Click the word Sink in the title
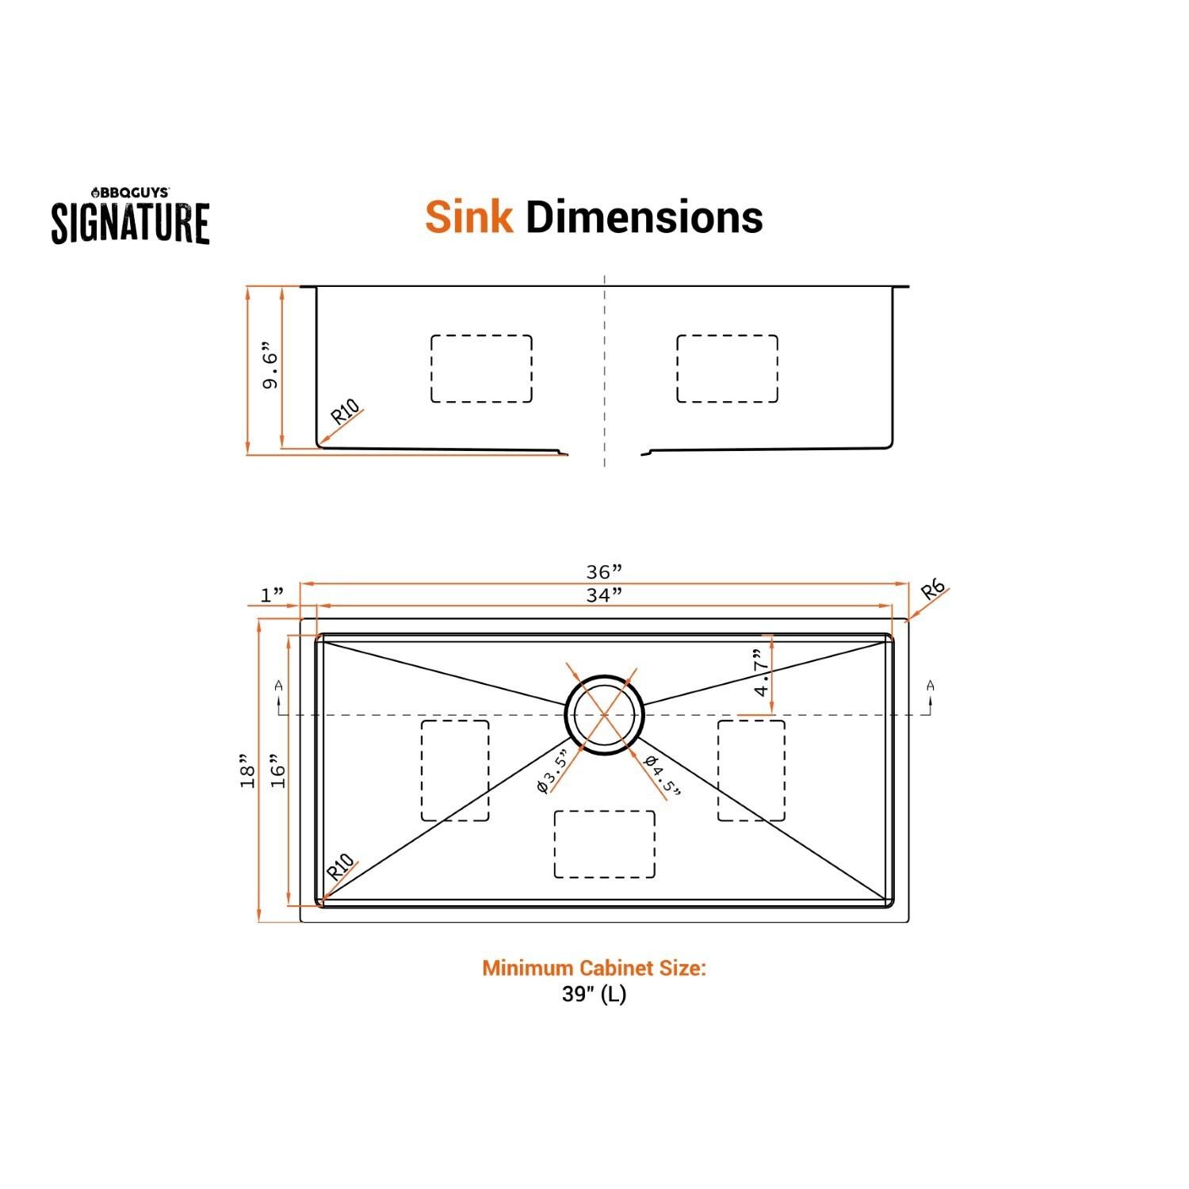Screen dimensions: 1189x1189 [468, 217]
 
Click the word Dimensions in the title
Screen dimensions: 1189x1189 [644, 217]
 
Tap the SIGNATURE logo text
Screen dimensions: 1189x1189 [131, 223]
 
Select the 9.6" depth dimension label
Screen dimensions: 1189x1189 [271, 366]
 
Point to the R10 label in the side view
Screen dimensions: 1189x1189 [345, 413]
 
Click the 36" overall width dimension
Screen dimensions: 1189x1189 [603, 572]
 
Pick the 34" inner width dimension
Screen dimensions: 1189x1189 [603, 594]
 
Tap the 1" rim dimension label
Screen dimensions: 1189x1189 [272, 594]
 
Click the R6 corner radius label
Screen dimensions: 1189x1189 [933, 591]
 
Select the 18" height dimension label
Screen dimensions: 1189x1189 [248, 770]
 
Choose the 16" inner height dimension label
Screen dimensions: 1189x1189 [277, 770]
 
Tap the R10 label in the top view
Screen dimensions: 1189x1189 [339, 866]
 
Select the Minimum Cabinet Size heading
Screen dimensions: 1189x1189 [594, 968]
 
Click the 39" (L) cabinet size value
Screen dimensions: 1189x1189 [594, 994]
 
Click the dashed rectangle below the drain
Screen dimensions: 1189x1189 [604, 844]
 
